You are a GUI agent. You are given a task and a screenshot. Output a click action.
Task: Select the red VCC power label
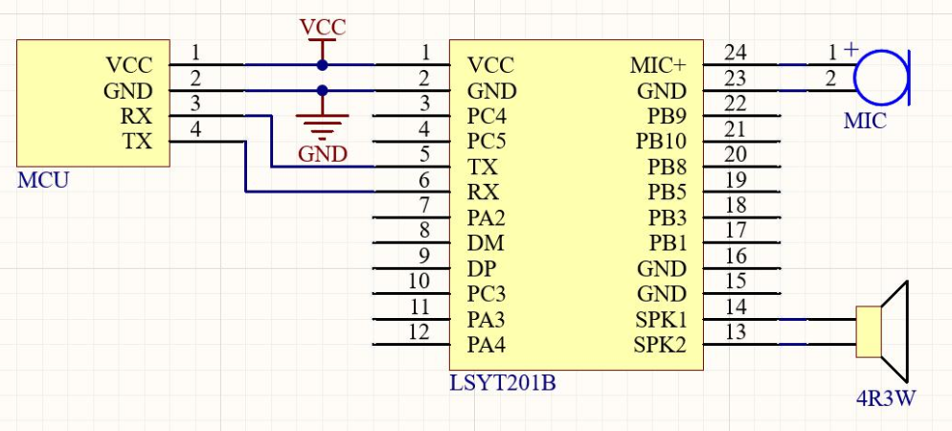point(323,27)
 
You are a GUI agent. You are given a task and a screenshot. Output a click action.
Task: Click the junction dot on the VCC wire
point(323,65)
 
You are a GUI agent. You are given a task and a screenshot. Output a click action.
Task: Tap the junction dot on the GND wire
point(323,91)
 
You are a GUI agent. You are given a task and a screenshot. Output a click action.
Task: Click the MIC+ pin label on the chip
point(658,66)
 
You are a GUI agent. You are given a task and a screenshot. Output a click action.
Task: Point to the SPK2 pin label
point(660,344)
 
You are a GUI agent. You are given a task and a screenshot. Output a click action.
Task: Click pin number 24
point(736,52)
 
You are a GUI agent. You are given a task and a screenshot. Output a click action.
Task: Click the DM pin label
point(485,243)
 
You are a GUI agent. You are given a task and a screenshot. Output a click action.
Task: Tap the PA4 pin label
point(487,344)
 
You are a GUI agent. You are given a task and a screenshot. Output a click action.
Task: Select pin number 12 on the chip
point(419,330)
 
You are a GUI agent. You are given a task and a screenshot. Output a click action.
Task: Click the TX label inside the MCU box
point(138,142)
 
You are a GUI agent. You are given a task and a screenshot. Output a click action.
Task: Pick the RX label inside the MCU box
point(138,117)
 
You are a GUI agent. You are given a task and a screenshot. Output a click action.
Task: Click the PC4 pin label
point(487,117)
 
